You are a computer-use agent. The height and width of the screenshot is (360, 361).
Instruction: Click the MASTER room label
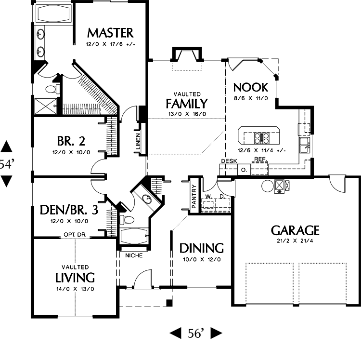(x=110, y=33)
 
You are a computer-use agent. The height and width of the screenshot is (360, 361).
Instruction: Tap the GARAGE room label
(x=295, y=230)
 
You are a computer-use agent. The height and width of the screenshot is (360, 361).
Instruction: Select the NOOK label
(x=251, y=87)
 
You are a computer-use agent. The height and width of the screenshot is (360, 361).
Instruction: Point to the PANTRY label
(x=194, y=196)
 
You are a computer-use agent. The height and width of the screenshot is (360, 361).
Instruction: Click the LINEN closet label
(x=138, y=141)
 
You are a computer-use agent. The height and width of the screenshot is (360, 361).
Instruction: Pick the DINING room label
(x=202, y=248)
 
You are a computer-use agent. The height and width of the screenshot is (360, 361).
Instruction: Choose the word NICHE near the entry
(x=134, y=255)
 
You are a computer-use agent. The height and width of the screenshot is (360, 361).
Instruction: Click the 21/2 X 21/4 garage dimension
(x=295, y=241)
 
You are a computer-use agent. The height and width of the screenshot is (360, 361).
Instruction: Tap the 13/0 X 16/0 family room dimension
(x=187, y=114)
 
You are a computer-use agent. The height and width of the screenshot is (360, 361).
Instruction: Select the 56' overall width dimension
(x=196, y=333)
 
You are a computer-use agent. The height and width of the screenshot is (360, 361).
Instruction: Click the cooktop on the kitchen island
(x=261, y=138)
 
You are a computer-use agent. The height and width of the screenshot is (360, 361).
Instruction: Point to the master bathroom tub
(x=53, y=13)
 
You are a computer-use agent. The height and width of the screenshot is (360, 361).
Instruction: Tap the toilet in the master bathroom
(x=53, y=89)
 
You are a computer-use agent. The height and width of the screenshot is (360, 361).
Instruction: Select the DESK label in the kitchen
(x=229, y=161)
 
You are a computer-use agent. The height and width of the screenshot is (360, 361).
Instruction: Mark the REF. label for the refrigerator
(x=260, y=159)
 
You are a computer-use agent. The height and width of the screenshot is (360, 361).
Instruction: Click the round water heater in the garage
(x=268, y=186)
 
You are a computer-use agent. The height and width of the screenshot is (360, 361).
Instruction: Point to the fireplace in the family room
(x=187, y=55)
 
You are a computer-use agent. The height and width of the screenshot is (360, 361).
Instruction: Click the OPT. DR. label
(x=75, y=235)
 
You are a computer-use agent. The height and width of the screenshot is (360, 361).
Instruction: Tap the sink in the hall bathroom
(x=147, y=199)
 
